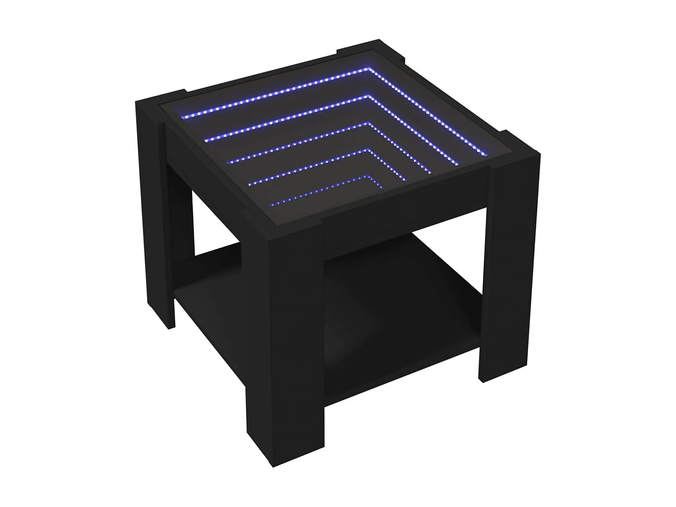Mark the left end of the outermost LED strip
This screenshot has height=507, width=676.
(x=183, y=116)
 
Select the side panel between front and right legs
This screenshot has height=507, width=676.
(x=406, y=230)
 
